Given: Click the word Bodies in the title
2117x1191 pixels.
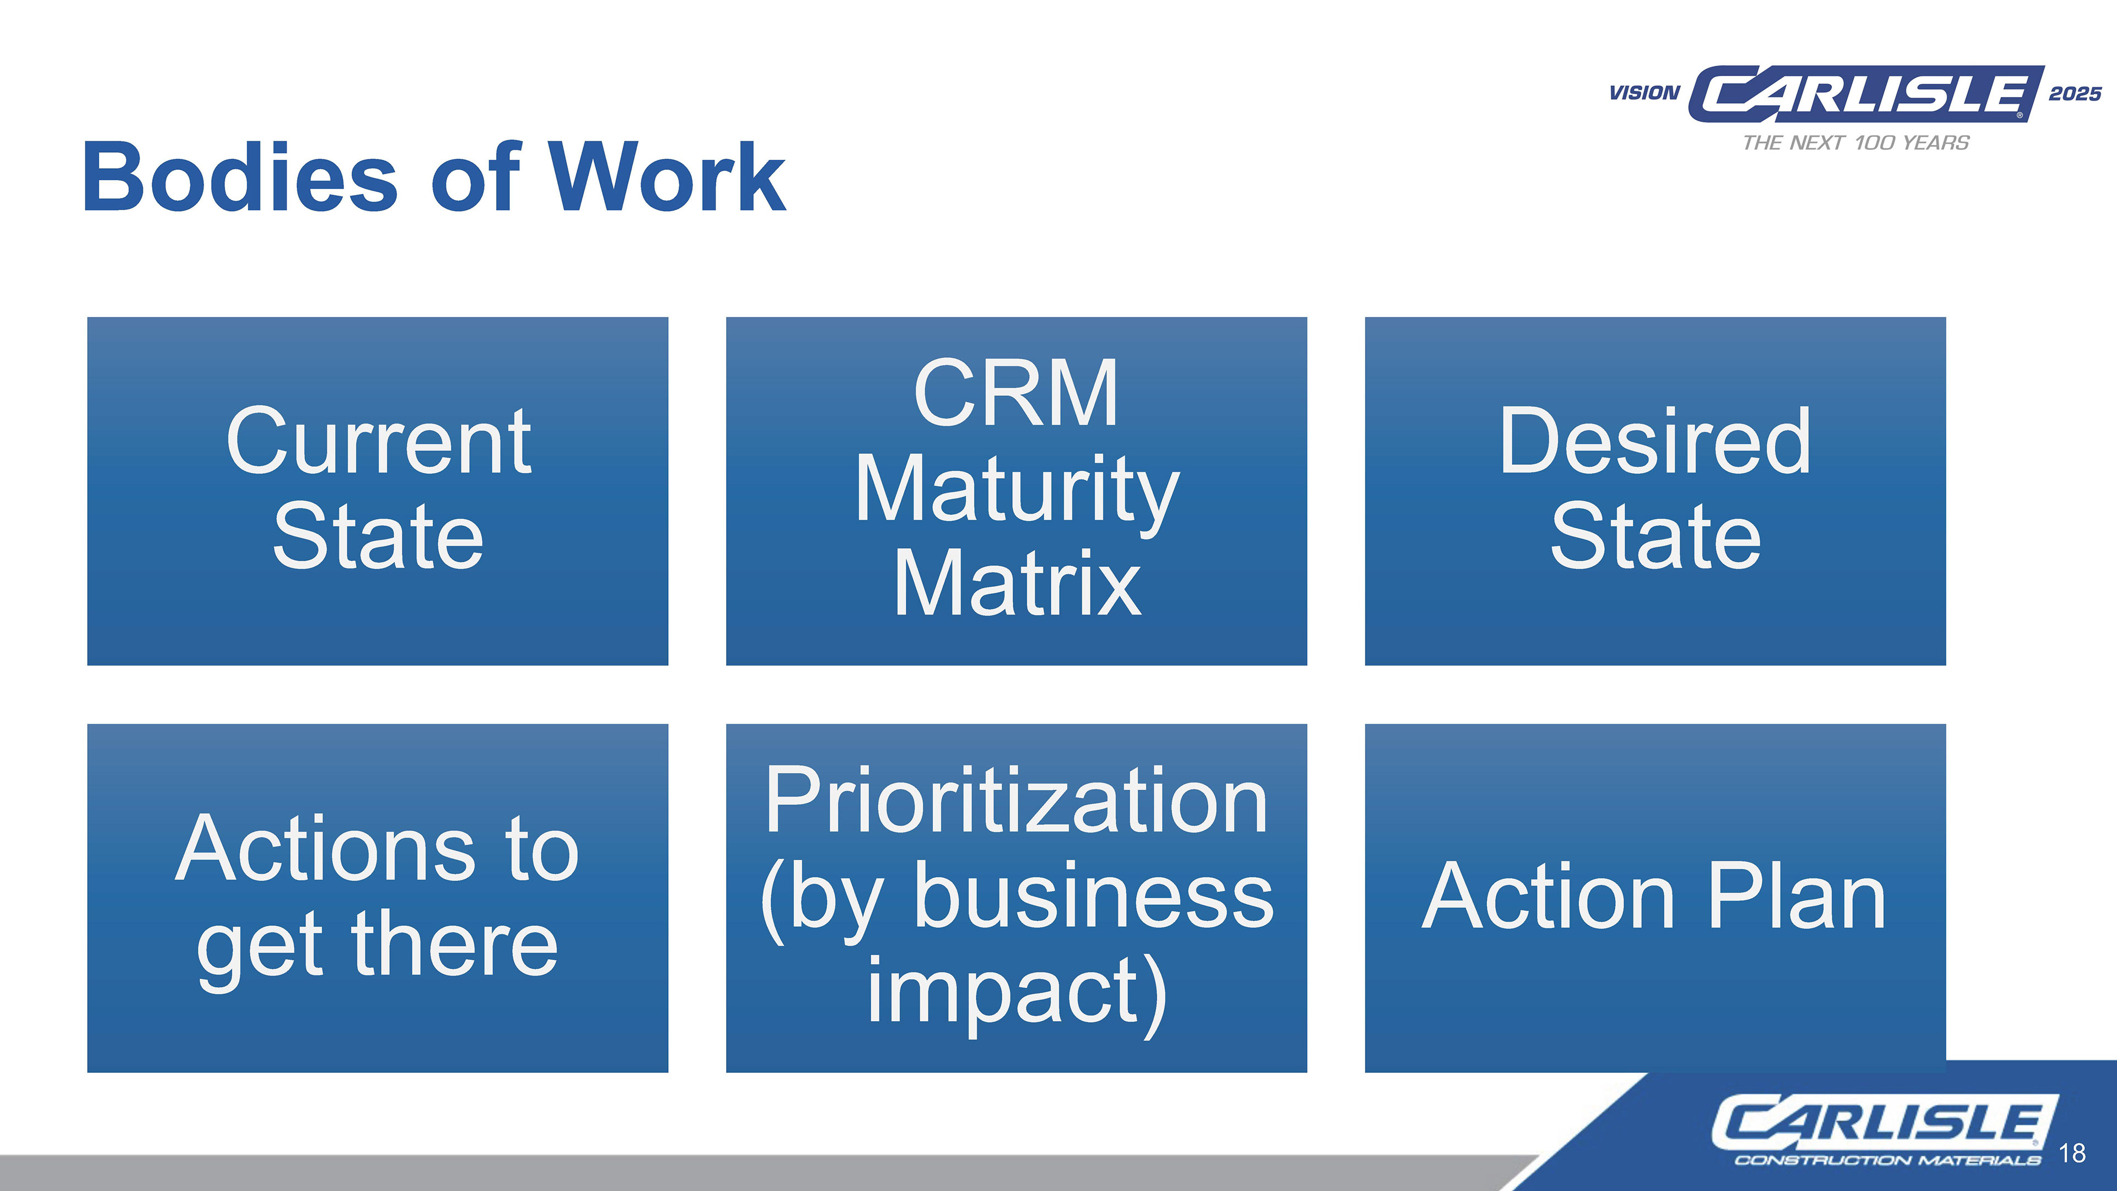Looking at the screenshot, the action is click(240, 176).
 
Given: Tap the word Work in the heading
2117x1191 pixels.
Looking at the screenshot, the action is click(667, 176).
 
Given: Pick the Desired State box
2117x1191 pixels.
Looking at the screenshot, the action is click(1655, 491).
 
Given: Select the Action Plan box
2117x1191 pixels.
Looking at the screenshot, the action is click(1655, 898).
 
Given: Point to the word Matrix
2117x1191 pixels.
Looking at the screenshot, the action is click(1017, 583).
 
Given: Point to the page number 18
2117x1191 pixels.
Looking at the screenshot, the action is click(2073, 1152).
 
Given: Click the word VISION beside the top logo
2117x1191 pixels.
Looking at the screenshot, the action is click(1645, 93).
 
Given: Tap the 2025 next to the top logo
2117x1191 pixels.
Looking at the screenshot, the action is click(2075, 94).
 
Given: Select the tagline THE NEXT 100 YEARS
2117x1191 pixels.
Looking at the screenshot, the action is click(1856, 143).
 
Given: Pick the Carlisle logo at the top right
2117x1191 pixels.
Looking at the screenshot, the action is click(1866, 94).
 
